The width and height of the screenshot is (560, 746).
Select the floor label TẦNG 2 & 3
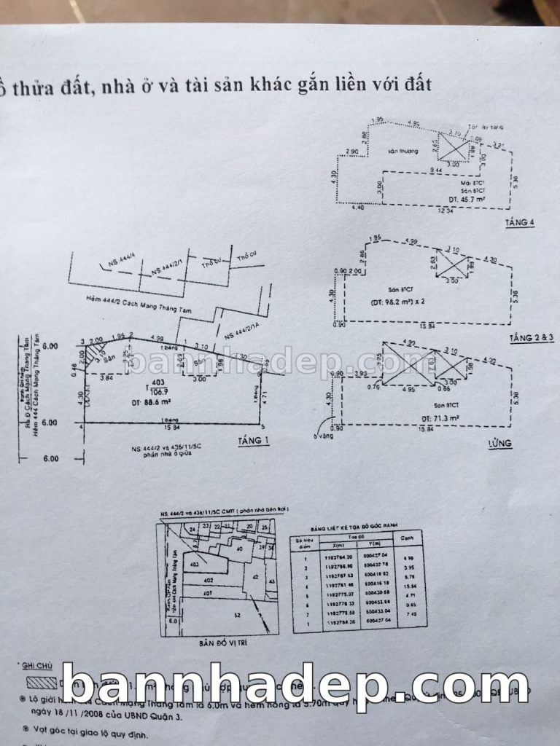click(532, 339)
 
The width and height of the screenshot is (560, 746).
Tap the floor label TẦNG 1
click(253, 441)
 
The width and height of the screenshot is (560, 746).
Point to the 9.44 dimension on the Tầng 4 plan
click(437, 169)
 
